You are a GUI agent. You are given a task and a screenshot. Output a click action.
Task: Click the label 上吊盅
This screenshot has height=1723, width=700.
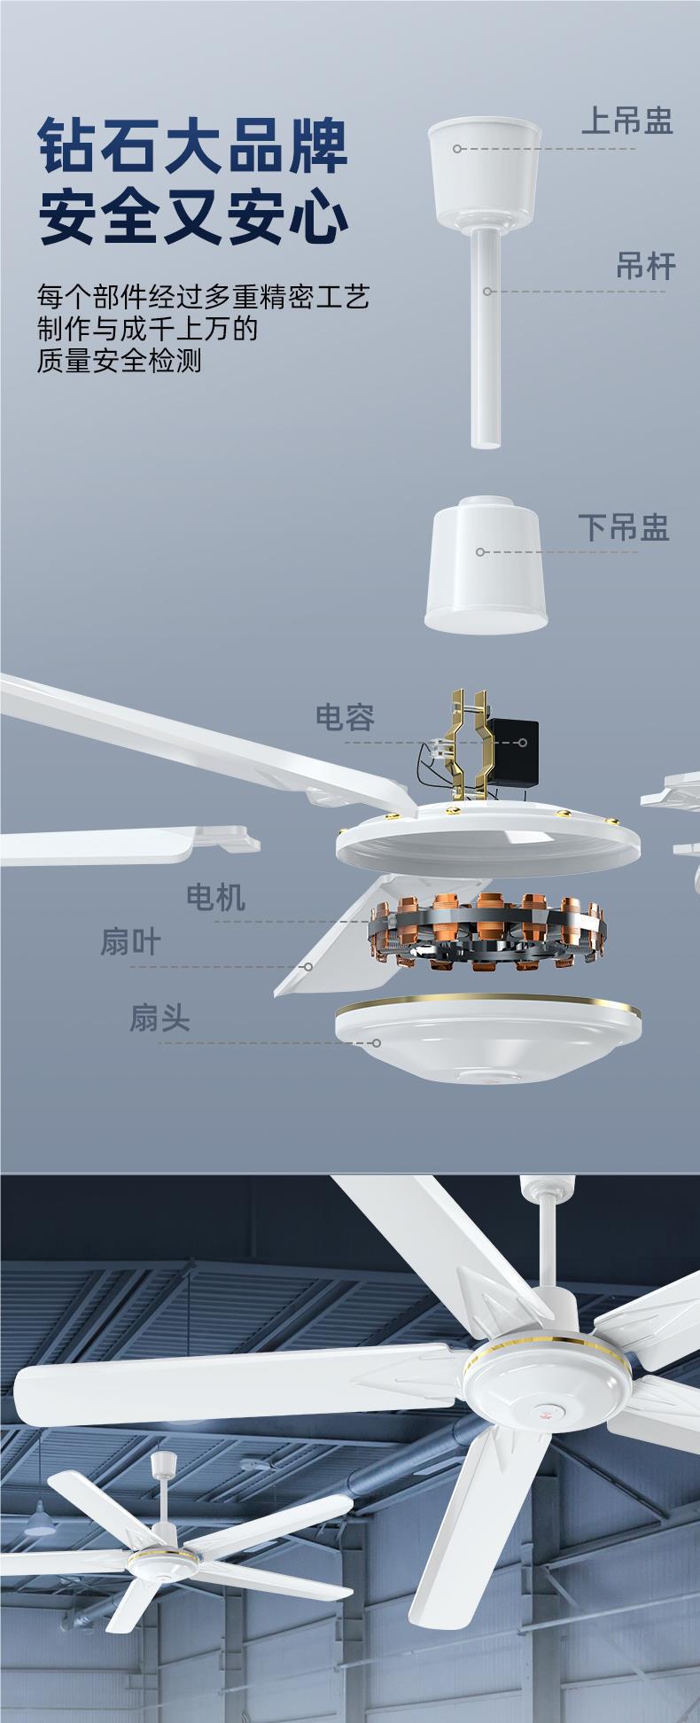coord(626,121)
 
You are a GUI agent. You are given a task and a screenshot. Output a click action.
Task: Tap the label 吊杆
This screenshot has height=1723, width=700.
coord(646,266)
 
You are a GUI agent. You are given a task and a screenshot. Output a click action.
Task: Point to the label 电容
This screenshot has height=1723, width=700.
coord(346,717)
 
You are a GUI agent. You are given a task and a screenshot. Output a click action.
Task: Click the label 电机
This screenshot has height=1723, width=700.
coord(215,898)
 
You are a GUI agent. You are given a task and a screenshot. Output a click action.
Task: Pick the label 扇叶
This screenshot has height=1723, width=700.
coord(130,942)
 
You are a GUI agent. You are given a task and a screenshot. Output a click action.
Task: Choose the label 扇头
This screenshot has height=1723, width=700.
coord(160,1018)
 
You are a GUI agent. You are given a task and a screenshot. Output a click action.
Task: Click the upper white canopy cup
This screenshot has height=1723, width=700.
coord(485,168)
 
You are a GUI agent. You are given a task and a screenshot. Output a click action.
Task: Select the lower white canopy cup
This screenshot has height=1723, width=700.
coord(486,565)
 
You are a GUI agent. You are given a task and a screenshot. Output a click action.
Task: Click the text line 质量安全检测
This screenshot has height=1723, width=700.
coord(120,362)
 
